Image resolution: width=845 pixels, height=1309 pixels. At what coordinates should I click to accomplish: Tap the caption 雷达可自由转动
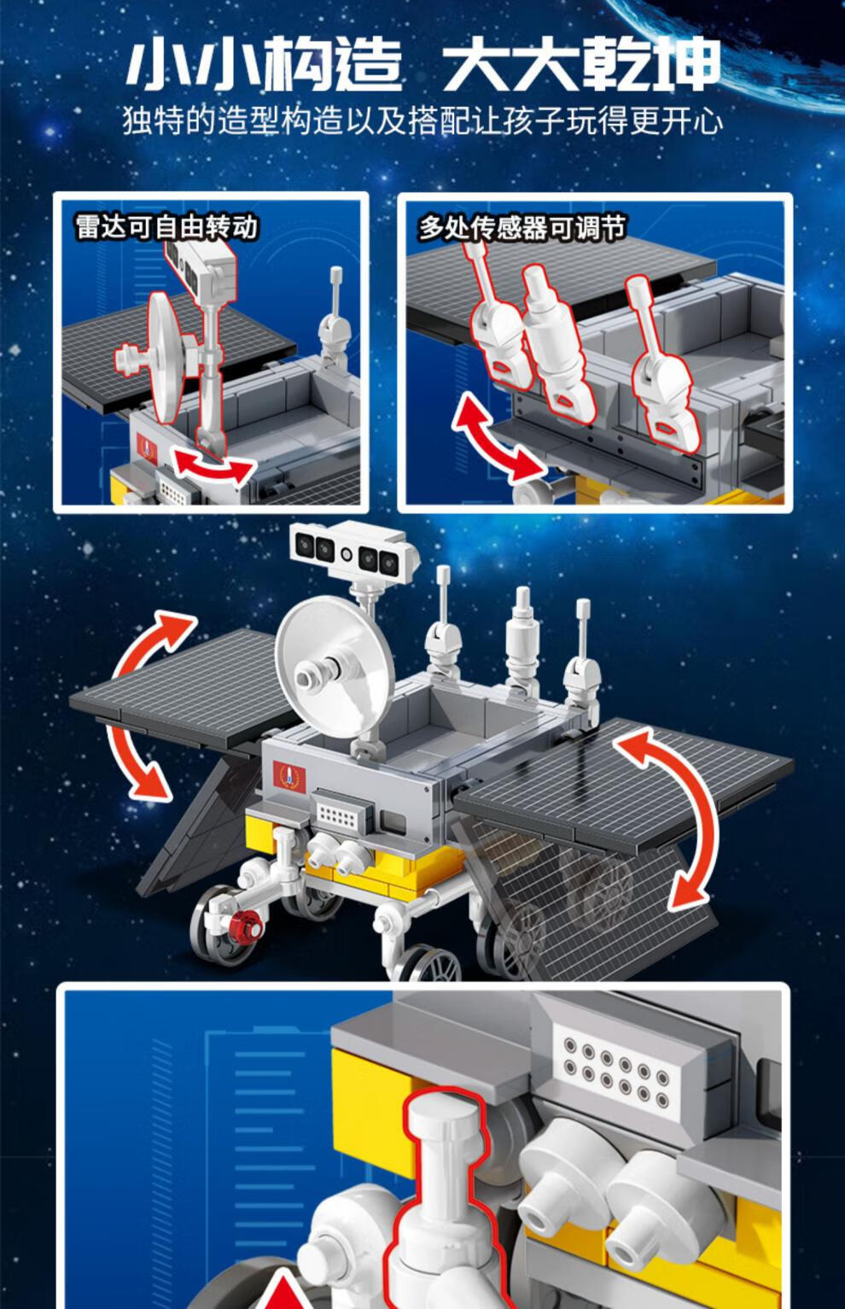click(x=166, y=227)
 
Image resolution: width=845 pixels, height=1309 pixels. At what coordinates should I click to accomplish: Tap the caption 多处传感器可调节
click(x=522, y=227)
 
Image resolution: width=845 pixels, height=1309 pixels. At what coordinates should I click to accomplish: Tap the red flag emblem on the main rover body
click(x=289, y=775)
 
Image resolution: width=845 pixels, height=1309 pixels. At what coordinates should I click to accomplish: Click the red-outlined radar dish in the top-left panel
click(x=159, y=357)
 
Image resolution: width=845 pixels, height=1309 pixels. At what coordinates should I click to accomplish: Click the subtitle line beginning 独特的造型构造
click(x=422, y=121)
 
